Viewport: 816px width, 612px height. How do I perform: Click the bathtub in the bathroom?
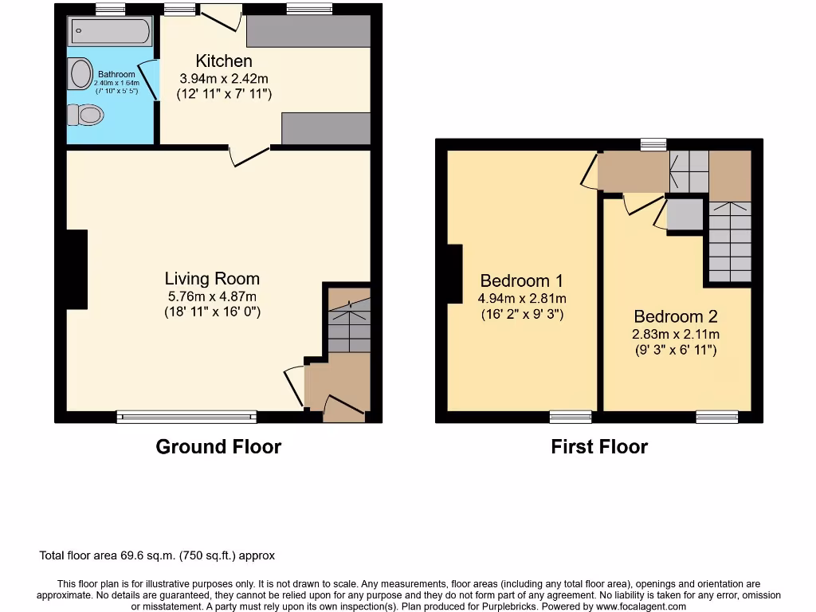click(x=110, y=32)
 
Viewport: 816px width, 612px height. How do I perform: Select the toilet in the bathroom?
click(x=86, y=116)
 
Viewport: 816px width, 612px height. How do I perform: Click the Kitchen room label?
click(x=224, y=61)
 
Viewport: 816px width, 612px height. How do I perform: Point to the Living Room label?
click(x=212, y=279)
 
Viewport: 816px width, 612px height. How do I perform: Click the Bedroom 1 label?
click(x=521, y=280)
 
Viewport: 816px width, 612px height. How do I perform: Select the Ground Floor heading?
click(x=218, y=447)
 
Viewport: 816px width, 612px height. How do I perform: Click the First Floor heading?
click(x=599, y=447)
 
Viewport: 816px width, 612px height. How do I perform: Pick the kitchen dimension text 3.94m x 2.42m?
click(x=224, y=78)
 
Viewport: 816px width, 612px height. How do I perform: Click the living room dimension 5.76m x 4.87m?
click(x=212, y=296)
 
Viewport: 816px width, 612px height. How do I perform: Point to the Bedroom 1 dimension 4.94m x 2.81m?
click(x=521, y=298)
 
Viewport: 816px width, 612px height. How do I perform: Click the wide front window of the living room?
click(x=186, y=416)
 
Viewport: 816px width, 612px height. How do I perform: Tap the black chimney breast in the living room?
click(x=77, y=269)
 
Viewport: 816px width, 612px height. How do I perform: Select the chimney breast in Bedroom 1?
click(x=455, y=273)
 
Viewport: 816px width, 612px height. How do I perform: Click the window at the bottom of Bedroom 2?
click(x=716, y=416)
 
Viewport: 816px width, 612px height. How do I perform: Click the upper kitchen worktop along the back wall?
click(x=308, y=31)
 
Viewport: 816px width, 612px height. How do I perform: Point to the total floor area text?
click(x=157, y=555)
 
